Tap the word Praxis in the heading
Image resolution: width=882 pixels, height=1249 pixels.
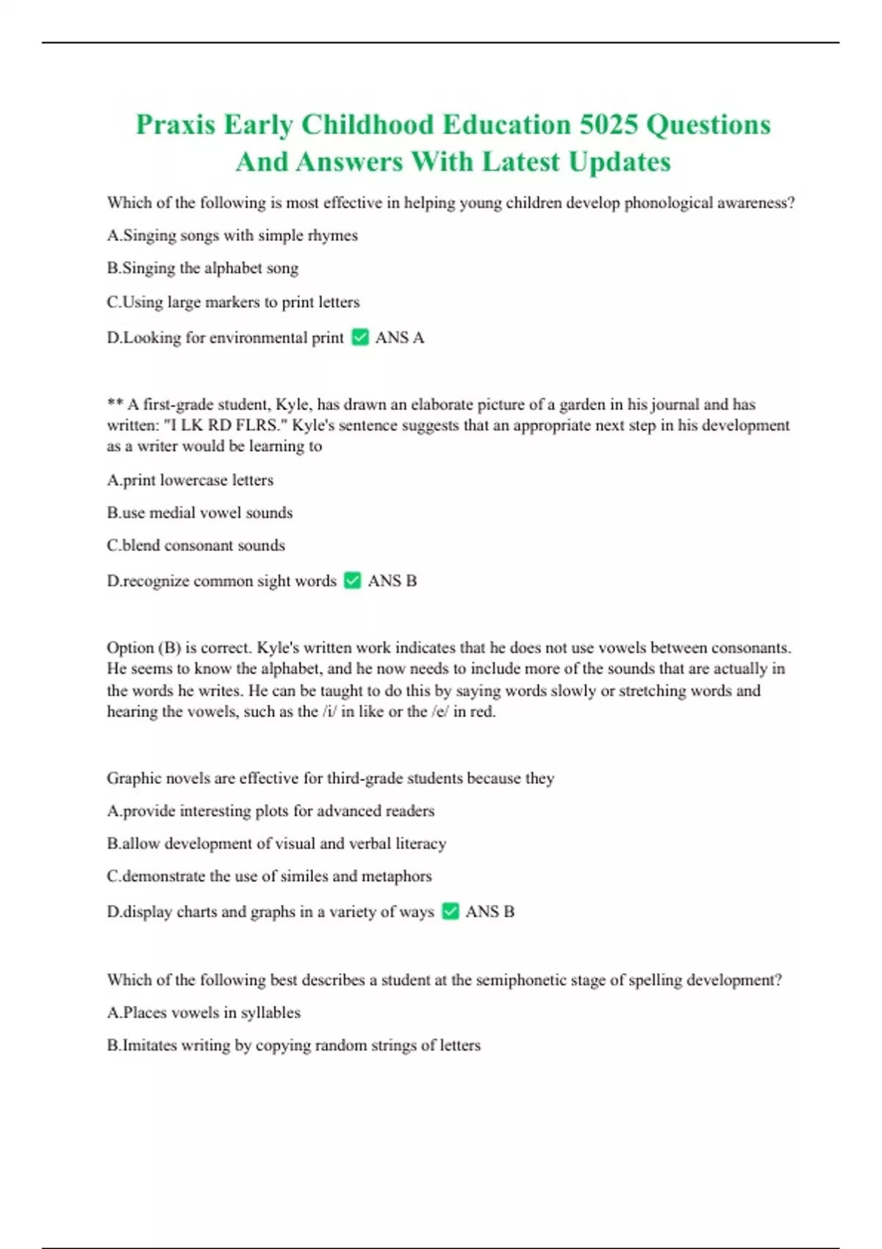click(x=175, y=125)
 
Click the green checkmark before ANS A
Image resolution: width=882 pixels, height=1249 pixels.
click(x=360, y=337)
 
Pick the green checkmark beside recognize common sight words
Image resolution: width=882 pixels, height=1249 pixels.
click(x=353, y=580)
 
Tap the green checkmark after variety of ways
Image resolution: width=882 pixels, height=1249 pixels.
click(x=451, y=911)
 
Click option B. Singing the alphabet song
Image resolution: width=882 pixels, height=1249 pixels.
click(x=203, y=268)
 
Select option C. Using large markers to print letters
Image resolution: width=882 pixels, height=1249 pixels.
click(x=233, y=302)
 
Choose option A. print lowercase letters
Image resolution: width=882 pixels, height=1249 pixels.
click(x=190, y=480)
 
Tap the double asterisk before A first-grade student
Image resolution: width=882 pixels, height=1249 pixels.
click(x=115, y=404)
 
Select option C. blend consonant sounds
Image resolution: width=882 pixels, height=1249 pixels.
click(x=196, y=545)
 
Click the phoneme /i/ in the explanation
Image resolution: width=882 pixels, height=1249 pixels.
click(x=329, y=711)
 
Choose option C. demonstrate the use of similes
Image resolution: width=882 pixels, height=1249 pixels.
click(x=269, y=876)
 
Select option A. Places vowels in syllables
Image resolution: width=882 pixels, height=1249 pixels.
click(x=204, y=1012)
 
